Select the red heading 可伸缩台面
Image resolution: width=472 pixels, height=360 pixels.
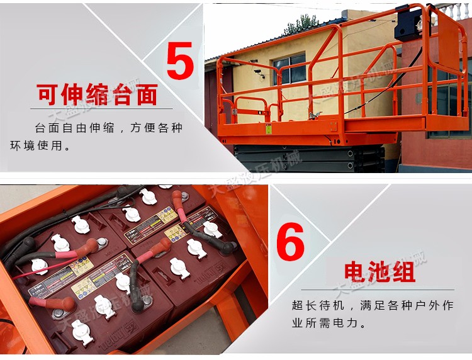click(97, 95)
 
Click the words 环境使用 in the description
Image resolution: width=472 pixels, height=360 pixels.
click(39, 146)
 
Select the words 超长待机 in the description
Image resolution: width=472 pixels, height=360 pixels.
click(319, 305)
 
